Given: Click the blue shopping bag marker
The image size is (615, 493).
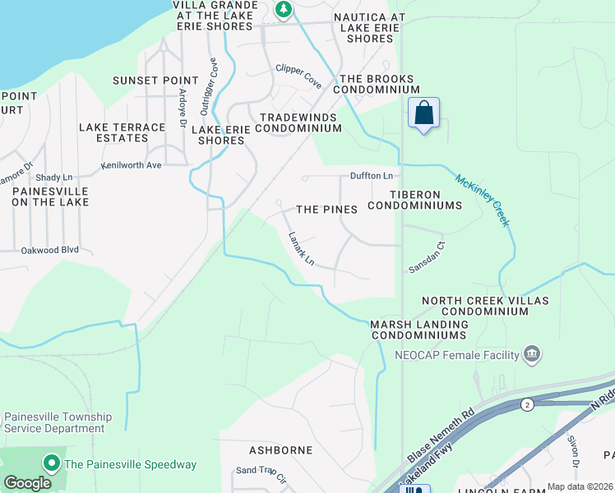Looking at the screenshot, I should [423, 113].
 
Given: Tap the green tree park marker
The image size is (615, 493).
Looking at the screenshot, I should [284, 10].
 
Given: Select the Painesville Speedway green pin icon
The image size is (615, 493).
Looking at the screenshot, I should [51, 464].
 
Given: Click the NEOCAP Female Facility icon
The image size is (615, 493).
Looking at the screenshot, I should [532, 354].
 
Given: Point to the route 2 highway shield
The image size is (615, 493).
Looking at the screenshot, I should [525, 404].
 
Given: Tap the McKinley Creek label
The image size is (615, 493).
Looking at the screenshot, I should [483, 200].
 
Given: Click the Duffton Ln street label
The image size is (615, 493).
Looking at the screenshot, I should [372, 176].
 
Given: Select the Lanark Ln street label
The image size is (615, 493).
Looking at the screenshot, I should [301, 249].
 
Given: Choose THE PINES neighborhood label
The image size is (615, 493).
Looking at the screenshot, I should [326, 210].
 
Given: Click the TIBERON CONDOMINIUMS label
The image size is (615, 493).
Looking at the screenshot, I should [415, 200].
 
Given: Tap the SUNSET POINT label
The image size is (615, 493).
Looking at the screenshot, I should [155, 81].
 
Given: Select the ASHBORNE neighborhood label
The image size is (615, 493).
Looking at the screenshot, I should [280, 450].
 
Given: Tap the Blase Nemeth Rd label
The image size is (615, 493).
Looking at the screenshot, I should [441, 433].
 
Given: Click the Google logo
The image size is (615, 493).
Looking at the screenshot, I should [27, 483].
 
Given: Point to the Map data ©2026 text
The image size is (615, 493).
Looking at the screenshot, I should [580, 486].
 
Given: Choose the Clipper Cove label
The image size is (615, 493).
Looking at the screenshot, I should [298, 71].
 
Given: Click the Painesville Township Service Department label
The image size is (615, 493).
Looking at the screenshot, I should [58, 422].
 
